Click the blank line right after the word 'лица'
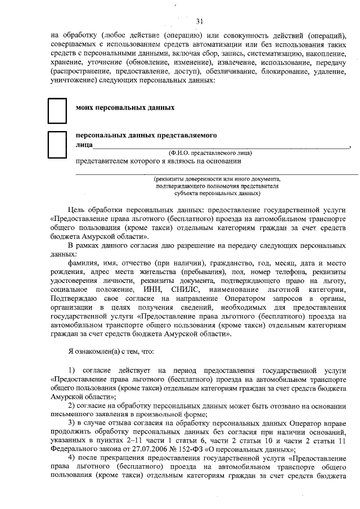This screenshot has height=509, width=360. tap(219, 145)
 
